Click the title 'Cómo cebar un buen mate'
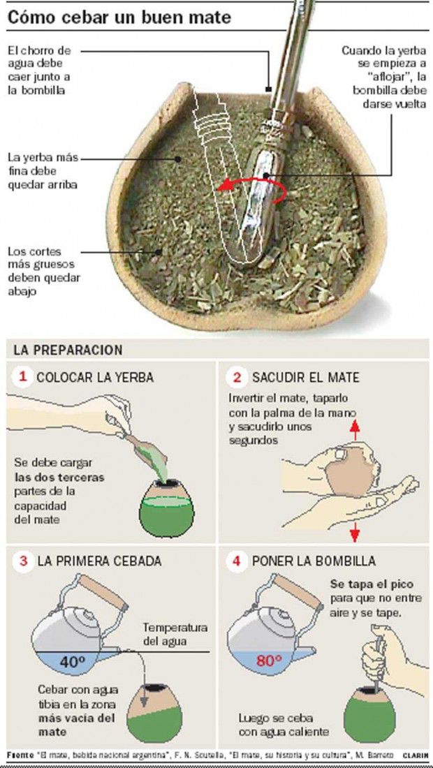(119, 17)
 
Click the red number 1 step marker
(22, 377)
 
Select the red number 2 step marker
(237, 377)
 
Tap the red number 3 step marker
(22, 561)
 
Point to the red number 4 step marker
(237, 561)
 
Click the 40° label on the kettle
(73, 662)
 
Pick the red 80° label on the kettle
(269, 660)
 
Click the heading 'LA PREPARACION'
(68, 350)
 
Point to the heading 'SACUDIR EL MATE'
(306, 377)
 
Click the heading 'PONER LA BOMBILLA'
(314, 561)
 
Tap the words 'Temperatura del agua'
(175, 634)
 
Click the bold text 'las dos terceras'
(59, 478)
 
